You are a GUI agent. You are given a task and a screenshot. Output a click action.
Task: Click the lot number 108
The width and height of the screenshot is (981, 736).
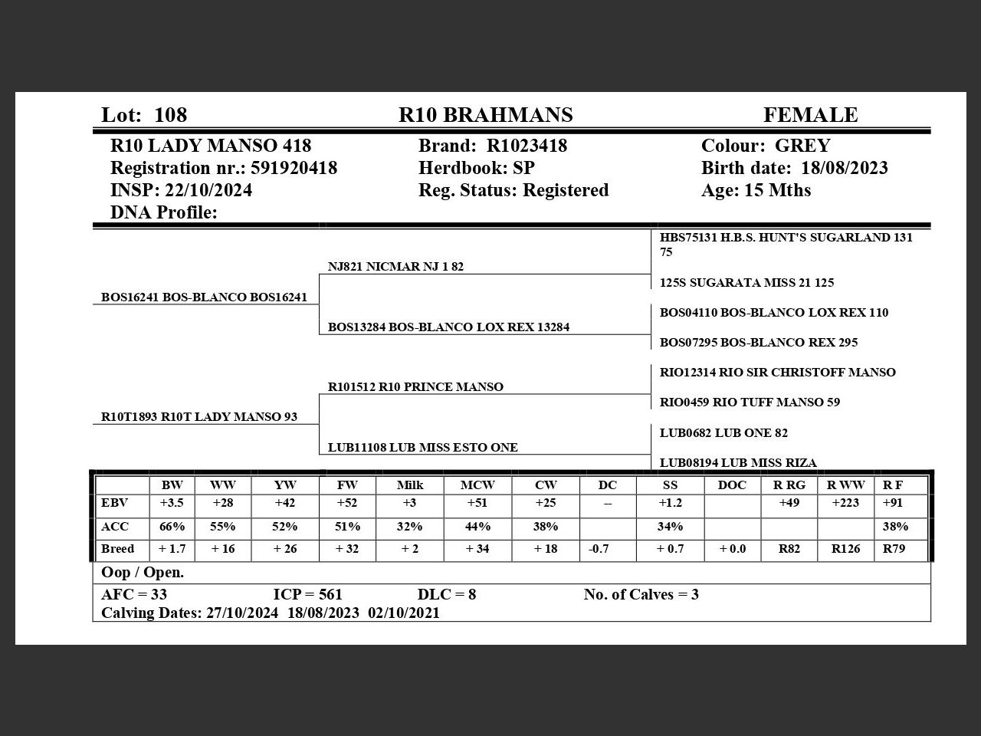pyautogui.click(x=170, y=115)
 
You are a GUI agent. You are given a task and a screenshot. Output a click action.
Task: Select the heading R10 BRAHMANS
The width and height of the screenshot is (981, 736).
pyautogui.click(x=485, y=115)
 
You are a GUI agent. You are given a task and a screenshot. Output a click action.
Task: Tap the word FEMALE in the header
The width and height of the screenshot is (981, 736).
pyautogui.click(x=810, y=115)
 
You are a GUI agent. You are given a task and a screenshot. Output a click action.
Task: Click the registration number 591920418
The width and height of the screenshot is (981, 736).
pyautogui.click(x=294, y=168)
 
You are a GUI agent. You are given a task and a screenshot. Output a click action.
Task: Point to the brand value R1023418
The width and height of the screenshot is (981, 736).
pyautogui.click(x=527, y=146)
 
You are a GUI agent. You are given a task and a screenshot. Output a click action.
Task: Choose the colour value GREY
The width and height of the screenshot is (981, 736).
pyautogui.click(x=802, y=146)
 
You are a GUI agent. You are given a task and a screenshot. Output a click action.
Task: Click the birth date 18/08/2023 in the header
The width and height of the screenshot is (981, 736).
pyautogui.click(x=845, y=168)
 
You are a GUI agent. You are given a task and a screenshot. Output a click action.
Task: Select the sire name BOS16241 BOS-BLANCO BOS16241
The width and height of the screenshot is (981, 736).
pyautogui.click(x=204, y=297)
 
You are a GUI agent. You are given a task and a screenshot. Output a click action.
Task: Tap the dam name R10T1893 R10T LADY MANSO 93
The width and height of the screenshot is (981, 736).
pyautogui.click(x=199, y=417)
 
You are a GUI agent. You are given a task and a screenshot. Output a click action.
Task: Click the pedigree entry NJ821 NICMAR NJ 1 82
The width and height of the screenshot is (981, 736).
pyautogui.click(x=395, y=267)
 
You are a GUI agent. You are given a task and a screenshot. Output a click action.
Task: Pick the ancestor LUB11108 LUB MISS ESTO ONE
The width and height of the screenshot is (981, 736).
pyautogui.click(x=422, y=448)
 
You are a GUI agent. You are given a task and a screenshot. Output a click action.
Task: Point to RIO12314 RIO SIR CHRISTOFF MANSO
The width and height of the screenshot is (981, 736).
pyautogui.click(x=777, y=373)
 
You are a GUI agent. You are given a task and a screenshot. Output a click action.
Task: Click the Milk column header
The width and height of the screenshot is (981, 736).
pyautogui.click(x=409, y=485)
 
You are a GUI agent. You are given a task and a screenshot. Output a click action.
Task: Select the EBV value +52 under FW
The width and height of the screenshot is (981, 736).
pyautogui.click(x=347, y=503)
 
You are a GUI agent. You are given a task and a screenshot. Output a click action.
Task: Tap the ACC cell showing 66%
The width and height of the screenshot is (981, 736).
pyautogui.click(x=172, y=527)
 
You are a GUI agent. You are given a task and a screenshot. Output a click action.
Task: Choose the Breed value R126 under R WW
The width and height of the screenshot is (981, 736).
pyautogui.click(x=845, y=549)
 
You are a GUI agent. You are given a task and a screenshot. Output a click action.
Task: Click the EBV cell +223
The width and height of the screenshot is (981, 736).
pyautogui.click(x=845, y=503)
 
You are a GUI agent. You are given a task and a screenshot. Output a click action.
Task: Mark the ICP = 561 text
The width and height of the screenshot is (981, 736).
pyautogui.click(x=307, y=595)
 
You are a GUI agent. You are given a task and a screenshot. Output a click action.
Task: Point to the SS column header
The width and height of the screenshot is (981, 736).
pyautogui.click(x=669, y=485)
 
